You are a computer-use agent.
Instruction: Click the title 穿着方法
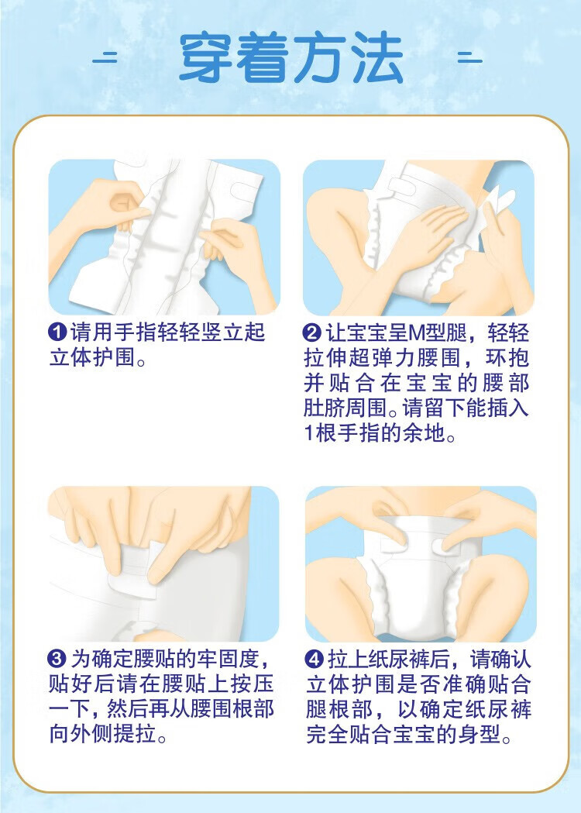[290, 57]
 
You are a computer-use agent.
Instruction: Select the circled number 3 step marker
[57, 659]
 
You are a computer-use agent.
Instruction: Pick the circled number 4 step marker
[314, 659]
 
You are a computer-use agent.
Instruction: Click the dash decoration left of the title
[105, 57]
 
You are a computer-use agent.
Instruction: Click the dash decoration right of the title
[469, 57]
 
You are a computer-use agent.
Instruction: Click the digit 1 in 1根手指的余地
[309, 433]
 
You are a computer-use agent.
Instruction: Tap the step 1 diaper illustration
[164, 237]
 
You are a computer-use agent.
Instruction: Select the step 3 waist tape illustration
[163, 564]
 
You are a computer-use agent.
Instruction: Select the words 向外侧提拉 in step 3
[102, 735]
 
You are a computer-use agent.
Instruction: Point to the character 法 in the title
[377, 57]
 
